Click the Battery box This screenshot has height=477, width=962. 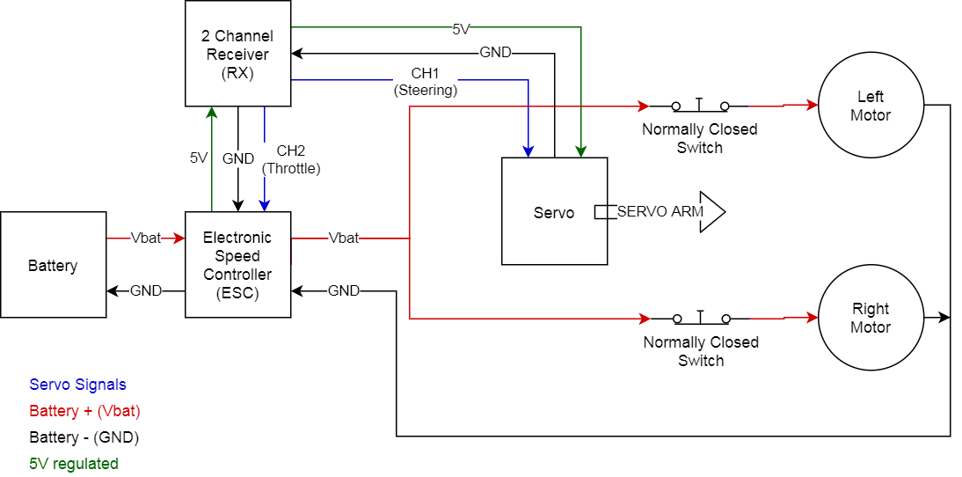[x=53, y=265]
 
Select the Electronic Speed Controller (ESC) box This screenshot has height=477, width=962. [x=237, y=265]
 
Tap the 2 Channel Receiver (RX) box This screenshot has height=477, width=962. [x=237, y=54]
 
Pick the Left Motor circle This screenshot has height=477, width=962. [x=871, y=106]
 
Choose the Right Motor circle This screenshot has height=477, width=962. [x=871, y=318]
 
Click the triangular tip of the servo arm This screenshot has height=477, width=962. [x=713, y=211]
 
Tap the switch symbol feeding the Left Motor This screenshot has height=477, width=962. [x=700, y=106]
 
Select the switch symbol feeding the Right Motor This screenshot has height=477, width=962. [x=700, y=318]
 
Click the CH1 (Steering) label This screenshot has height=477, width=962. [x=425, y=81]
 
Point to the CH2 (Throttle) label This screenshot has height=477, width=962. [x=291, y=159]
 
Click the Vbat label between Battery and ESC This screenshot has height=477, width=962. [x=145, y=238]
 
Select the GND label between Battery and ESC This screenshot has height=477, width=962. [x=145, y=291]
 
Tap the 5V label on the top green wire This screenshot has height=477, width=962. [x=462, y=28]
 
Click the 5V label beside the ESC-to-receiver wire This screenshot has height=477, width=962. [x=199, y=158]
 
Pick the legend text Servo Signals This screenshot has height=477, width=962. [x=77, y=385]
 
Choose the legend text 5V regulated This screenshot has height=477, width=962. [x=74, y=463]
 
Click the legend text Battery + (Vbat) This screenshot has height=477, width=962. [x=84, y=411]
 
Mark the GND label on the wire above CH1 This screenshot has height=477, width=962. [x=495, y=53]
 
